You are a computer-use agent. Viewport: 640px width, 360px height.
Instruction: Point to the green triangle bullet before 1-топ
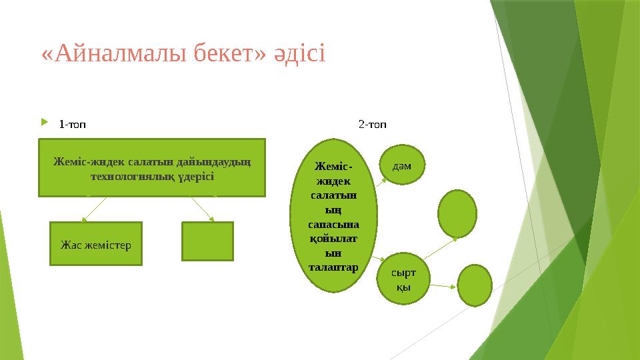45,123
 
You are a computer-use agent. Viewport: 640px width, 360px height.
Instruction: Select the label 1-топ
72,124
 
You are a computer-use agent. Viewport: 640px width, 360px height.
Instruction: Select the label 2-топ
373,124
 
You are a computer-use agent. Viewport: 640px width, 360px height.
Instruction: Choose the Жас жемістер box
96,244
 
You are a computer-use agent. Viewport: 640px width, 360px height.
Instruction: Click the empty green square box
207,241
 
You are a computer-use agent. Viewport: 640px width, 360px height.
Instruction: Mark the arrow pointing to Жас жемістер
94,208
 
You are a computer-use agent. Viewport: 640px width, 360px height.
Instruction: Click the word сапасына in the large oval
334,225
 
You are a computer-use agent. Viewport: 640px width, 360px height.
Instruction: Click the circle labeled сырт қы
403,279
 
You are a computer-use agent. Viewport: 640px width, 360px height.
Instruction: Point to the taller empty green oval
457,213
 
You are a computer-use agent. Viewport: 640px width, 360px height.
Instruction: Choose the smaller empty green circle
476,285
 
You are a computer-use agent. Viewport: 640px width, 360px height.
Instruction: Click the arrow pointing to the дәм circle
383,177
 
